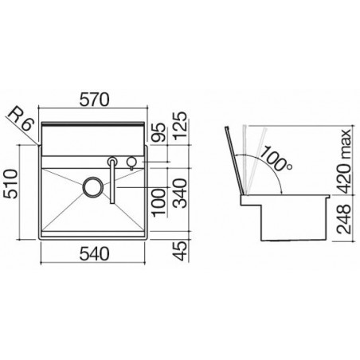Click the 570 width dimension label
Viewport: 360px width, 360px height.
pos(95,100)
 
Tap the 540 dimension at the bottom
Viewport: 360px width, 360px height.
pos(95,253)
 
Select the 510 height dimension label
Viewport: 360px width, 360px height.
pos(11,184)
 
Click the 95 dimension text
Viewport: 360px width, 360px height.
pos(159,131)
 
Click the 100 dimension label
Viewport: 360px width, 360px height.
pos(159,202)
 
